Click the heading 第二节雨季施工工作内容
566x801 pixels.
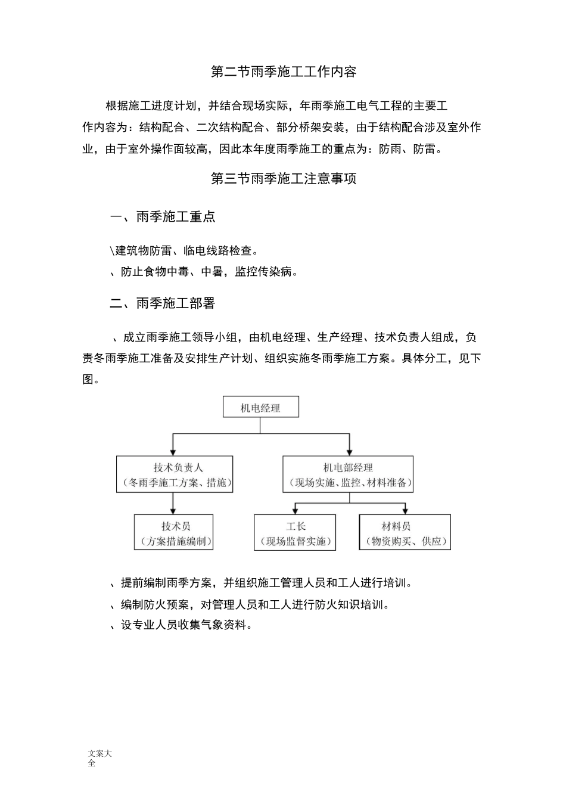pos(284,72)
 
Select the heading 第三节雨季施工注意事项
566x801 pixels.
pos(284,179)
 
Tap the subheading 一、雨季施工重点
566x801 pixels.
pos(163,217)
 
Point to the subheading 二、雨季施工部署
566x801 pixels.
pos(163,303)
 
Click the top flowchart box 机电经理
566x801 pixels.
pos(260,408)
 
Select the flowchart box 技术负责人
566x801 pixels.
pos(174,474)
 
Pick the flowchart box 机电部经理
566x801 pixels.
pos(348,474)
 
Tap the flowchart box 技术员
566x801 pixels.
pos(173,533)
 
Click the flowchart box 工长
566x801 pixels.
pos(295,533)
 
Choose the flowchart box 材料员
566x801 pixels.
pos(405,533)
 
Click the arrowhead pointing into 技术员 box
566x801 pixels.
pos(173,511)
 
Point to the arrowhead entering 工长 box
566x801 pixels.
pos(295,511)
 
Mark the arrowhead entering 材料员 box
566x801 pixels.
pos(405,511)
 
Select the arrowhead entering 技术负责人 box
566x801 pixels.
pos(173,452)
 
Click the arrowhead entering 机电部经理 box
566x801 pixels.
pos(349,452)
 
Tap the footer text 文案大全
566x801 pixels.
pos(99,758)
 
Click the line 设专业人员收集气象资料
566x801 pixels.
pos(182,625)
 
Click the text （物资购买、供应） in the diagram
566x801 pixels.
pos(405,541)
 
